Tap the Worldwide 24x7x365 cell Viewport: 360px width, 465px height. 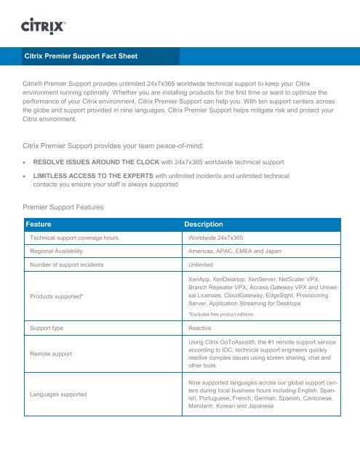(215, 238)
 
